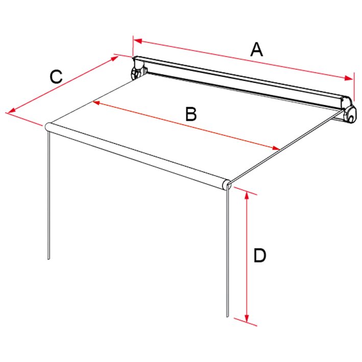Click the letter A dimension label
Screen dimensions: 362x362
pyautogui.click(x=256, y=50)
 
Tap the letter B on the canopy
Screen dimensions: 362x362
pyautogui.click(x=191, y=114)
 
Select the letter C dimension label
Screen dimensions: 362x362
pyautogui.click(x=56, y=77)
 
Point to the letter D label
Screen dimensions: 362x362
pyautogui.click(x=260, y=255)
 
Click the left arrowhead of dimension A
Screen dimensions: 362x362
pyautogui.click(x=137, y=41)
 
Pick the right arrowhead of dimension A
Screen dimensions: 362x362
pyautogui.click(x=348, y=78)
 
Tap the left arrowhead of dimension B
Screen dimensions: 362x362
pyautogui.click(x=96, y=102)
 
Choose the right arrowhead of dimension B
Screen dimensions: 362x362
pyautogui.click(x=276, y=148)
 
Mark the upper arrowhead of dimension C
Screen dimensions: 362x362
pyautogui.click(x=115, y=58)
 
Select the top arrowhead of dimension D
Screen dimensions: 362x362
pyautogui.click(x=247, y=195)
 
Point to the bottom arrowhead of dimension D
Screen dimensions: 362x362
pyautogui.click(x=247, y=319)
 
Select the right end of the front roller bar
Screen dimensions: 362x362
pyautogui.click(x=226, y=185)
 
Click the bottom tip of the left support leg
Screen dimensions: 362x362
pyautogui.click(x=49, y=259)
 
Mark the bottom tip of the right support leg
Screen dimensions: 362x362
pyautogui.click(x=227, y=317)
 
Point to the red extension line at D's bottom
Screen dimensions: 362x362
pyautogui.click(x=246, y=322)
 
